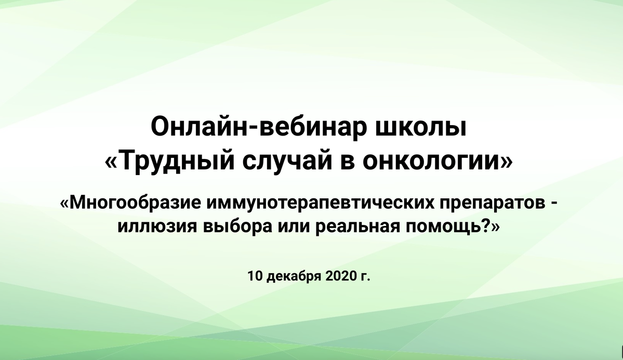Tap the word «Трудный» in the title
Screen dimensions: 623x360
[x=176, y=161]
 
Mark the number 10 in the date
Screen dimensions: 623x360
[x=255, y=275]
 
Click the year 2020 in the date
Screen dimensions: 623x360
[x=341, y=275]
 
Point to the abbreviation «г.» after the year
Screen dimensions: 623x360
[x=365, y=277]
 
